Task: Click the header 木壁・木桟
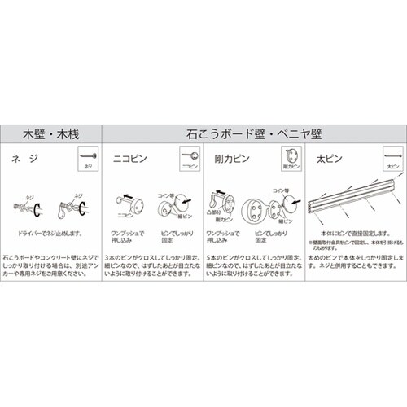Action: [x=51, y=132]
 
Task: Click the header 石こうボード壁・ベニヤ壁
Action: [x=254, y=132]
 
